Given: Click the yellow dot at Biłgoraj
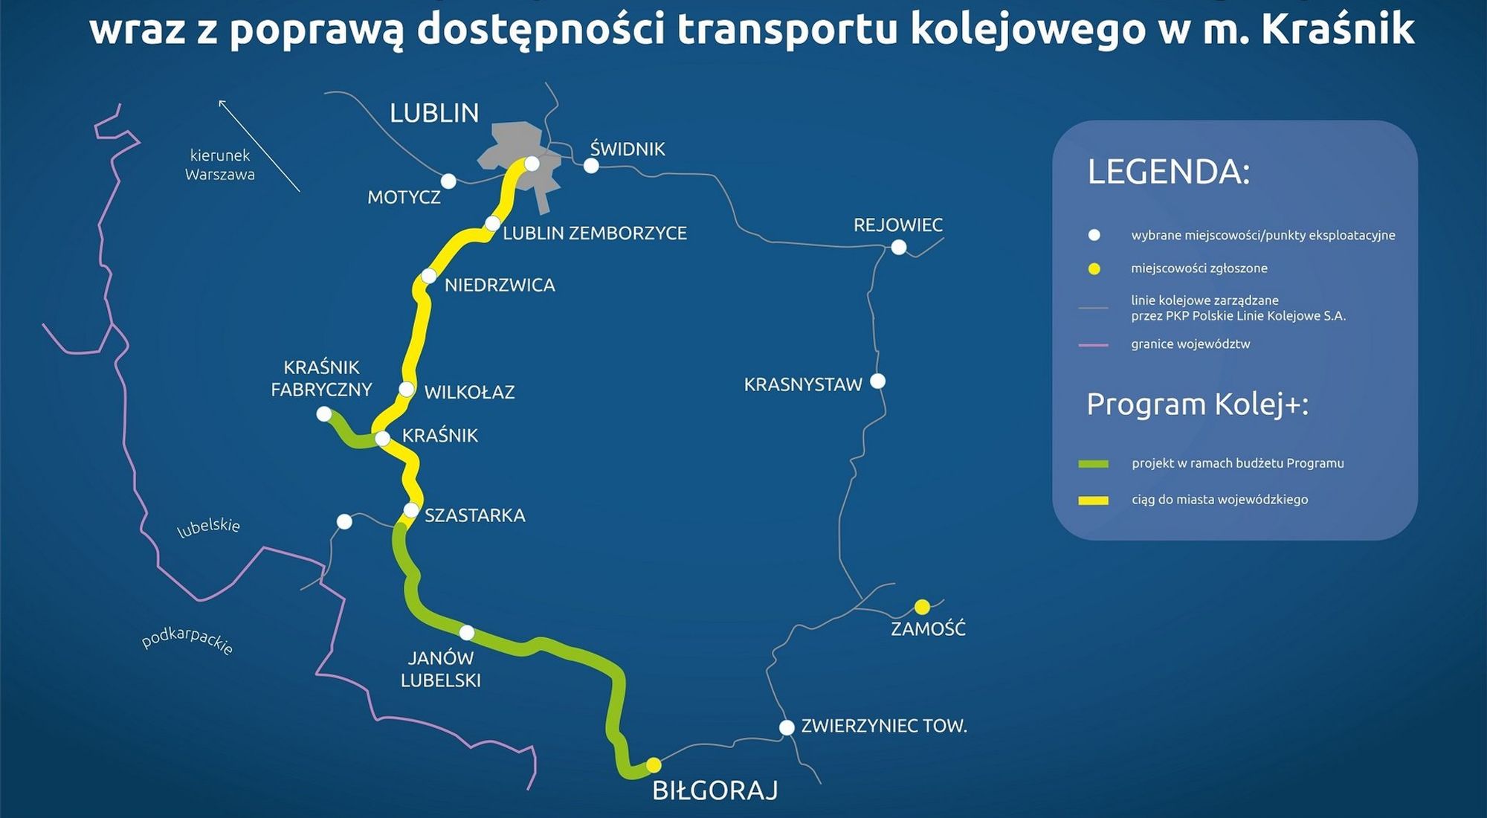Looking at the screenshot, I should (x=654, y=764).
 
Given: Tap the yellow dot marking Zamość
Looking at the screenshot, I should (x=922, y=607).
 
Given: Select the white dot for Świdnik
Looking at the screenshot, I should (x=591, y=166).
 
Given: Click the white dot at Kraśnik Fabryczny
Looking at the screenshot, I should (x=324, y=414).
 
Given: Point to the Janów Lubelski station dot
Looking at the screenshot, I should (x=467, y=633).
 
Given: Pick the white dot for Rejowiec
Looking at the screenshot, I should (x=899, y=247).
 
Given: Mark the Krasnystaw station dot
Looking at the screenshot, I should (x=878, y=381).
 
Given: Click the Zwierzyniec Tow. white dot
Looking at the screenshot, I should (x=787, y=727).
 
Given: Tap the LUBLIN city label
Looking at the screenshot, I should (x=434, y=113).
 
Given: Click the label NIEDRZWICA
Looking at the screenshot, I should (x=500, y=286).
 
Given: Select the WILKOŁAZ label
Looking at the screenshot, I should (x=469, y=393).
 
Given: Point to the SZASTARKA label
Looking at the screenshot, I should (x=474, y=515).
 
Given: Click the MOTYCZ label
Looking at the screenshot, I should (x=404, y=198).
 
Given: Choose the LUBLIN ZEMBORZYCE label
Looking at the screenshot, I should (x=595, y=234).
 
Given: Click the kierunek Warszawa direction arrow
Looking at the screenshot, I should (x=259, y=146).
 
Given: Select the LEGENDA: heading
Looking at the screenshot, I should (x=1169, y=172).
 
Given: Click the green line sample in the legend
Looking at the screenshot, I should (x=1093, y=464).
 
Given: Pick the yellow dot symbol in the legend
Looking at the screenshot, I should (x=1094, y=268).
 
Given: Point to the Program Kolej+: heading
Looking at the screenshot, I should (x=1197, y=405).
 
